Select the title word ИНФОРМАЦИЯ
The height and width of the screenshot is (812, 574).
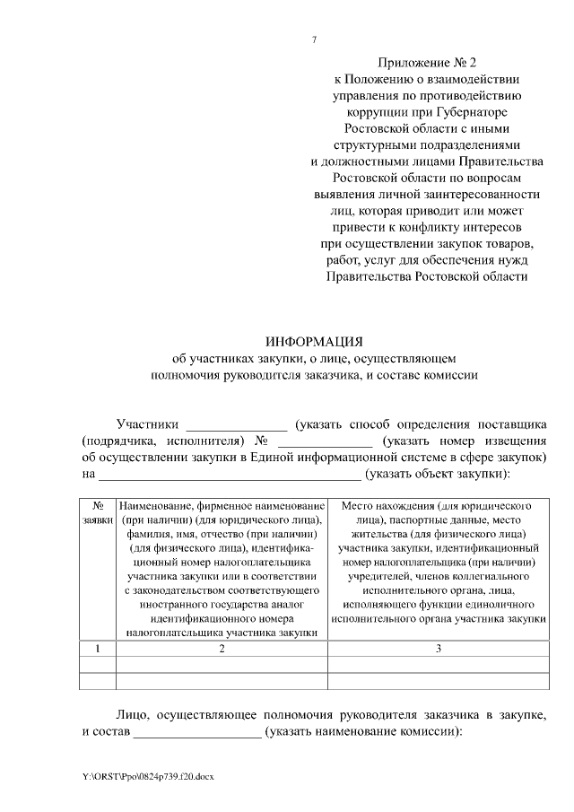pos(313,342)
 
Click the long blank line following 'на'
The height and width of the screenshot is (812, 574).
pos(229,475)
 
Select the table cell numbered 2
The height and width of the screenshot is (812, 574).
pos(222,648)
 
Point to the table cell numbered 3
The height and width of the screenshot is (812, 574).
pos(438,648)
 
